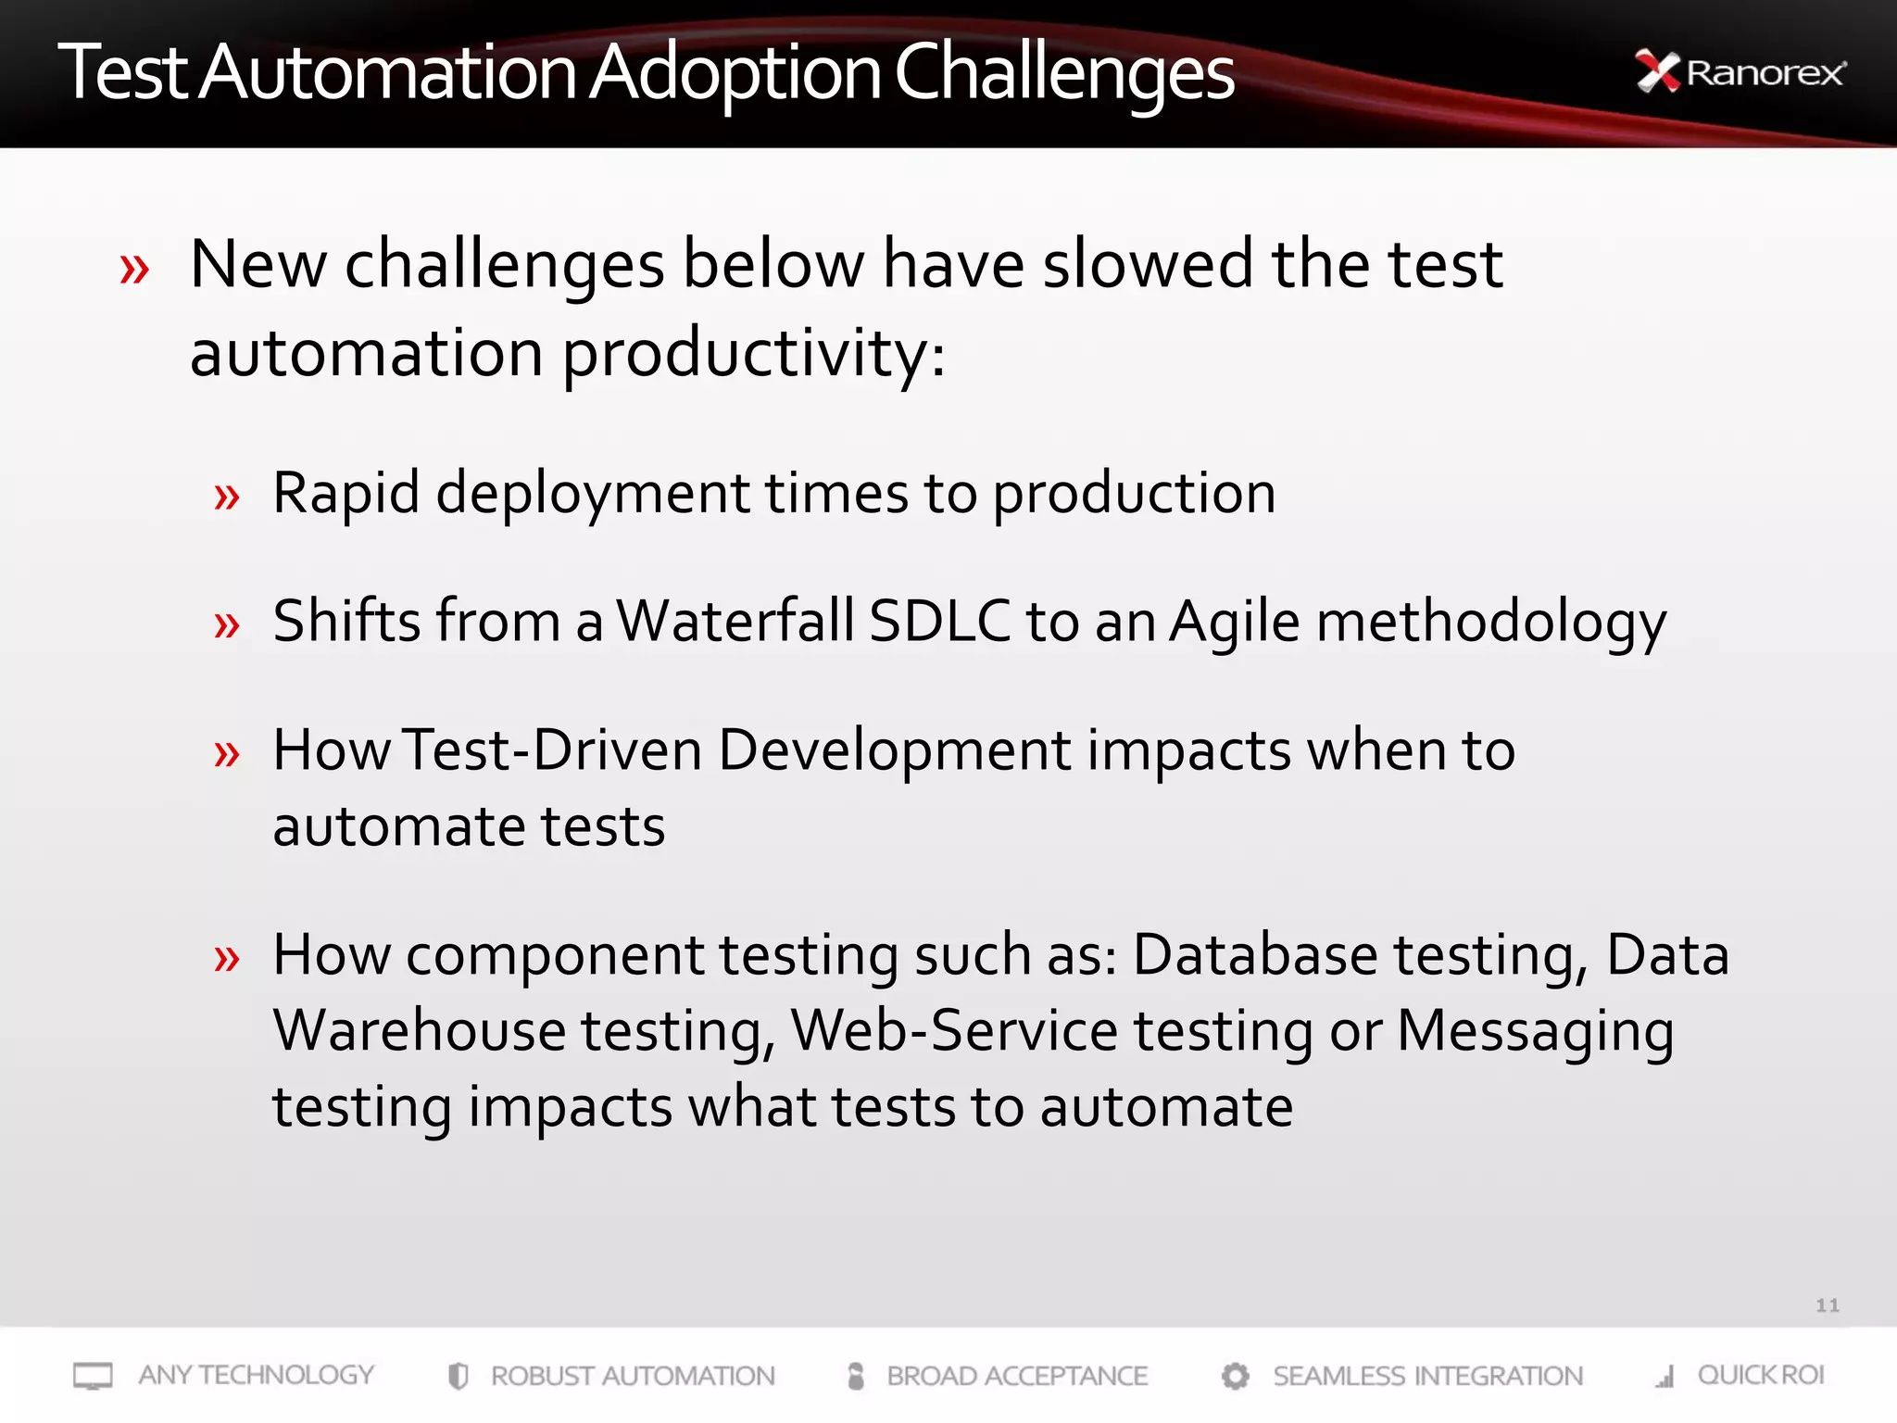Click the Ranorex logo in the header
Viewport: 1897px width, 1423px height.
point(1740,72)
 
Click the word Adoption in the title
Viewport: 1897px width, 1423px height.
point(735,74)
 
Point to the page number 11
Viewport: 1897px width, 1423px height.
point(1827,1305)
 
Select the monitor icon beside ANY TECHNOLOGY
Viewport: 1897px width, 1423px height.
point(93,1376)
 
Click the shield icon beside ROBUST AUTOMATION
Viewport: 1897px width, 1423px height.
point(458,1377)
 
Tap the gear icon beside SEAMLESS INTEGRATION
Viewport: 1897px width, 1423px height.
point(1235,1377)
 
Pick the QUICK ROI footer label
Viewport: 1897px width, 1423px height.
point(1760,1376)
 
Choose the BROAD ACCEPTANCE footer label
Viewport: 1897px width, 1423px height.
point(1016,1377)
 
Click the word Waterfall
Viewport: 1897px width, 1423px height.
point(735,621)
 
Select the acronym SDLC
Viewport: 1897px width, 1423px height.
point(939,621)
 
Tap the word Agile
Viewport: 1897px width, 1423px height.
point(1235,623)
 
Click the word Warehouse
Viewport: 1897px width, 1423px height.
point(419,1031)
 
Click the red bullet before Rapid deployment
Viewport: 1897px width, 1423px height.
point(227,497)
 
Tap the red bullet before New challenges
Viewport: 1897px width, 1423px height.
point(134,270)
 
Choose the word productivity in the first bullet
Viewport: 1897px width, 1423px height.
point(753,355)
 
